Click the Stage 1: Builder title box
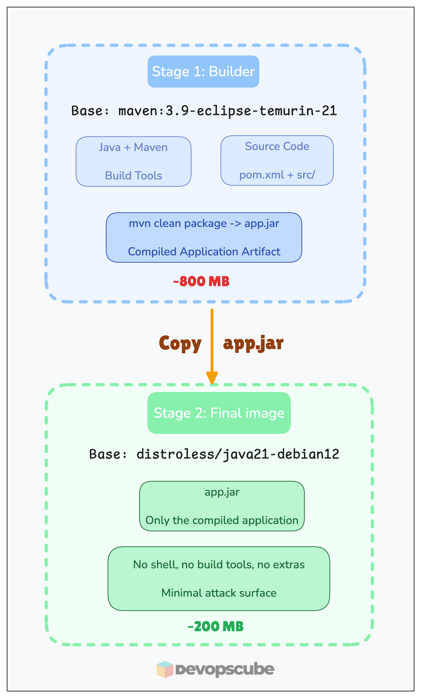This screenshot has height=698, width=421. click(x=203, y=71)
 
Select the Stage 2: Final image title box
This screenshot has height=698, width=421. click(x=219, y=413)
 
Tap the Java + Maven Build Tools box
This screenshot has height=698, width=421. click(x=133, y=161)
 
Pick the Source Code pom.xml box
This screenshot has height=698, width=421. click(x=277, y=160)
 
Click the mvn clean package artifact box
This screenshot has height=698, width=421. click(x=204, y=237)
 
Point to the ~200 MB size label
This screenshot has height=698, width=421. click(x=215, y=626)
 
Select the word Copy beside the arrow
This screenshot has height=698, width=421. click(x=180, y=343)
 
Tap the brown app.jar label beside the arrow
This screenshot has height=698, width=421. click(x=253, y=343)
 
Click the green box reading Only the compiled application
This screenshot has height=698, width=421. click(x=222, y=506)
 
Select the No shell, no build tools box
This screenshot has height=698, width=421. click(x=219, y=578)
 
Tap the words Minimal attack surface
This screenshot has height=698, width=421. click(x=219, y=593)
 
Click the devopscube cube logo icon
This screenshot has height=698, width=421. click(x=165, y=669)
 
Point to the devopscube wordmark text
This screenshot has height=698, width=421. click(x=225, y=669)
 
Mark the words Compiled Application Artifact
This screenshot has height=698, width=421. click(x=204, y=252)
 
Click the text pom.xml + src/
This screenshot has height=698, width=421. click(x=277, y=175)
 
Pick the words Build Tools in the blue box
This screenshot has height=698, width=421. click(x=133, y=176)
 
